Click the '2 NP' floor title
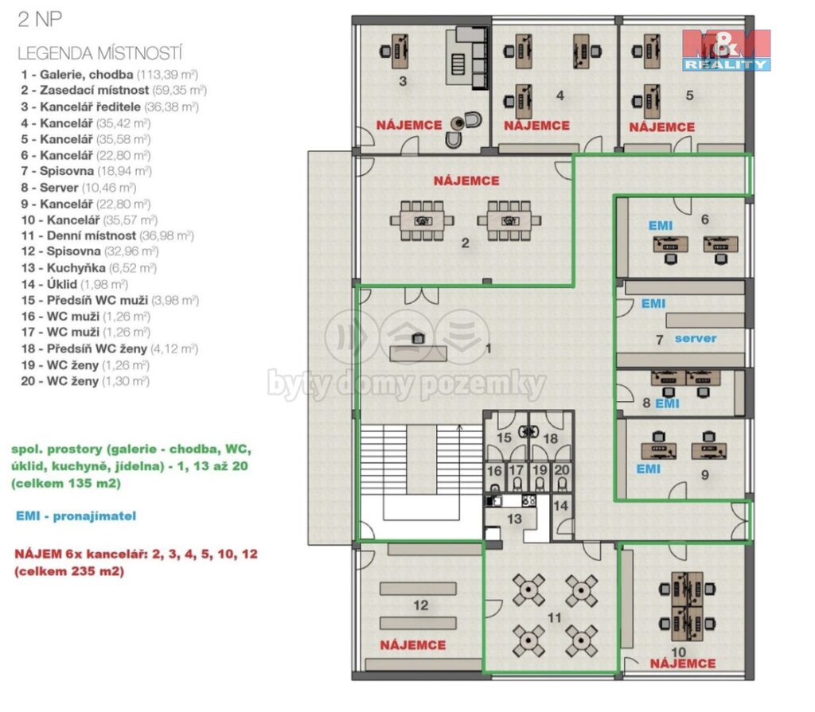pyautogui.click(x=40, y=19)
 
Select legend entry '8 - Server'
pyautogui.click(x=79, y=188)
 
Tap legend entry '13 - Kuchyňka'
pyautogui.click(x=89, y=268)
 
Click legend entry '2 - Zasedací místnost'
pyautogui.click(x=114, y=91)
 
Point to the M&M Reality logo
pyautogui.click(x=726, y=50)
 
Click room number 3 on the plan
pyautogui.click(x=403, y=81)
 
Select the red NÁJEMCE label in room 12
pyautogui.click(x=413, y=645)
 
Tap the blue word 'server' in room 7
pyautogui.click(x=696, y=338)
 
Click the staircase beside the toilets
pyautogui.click(x=422, y=473)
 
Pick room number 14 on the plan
pyautogui.click(x=560, y=505)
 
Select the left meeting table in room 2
pyautogui.click(x=422, y=221)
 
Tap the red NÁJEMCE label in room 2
pyautogui.click(x=466, y=181)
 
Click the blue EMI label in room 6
pyautogui.click(x=661, y=226)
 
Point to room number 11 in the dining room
pyautogui.click(x=554, y=617)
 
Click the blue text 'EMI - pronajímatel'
pyautogui.click(x=76, y=516)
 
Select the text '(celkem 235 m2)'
pyautogui.click(x=69, y=571)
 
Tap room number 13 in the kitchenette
pyautogui.click(x=514, y=519)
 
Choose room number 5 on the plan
pyautogui.click(x=689, y=95)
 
